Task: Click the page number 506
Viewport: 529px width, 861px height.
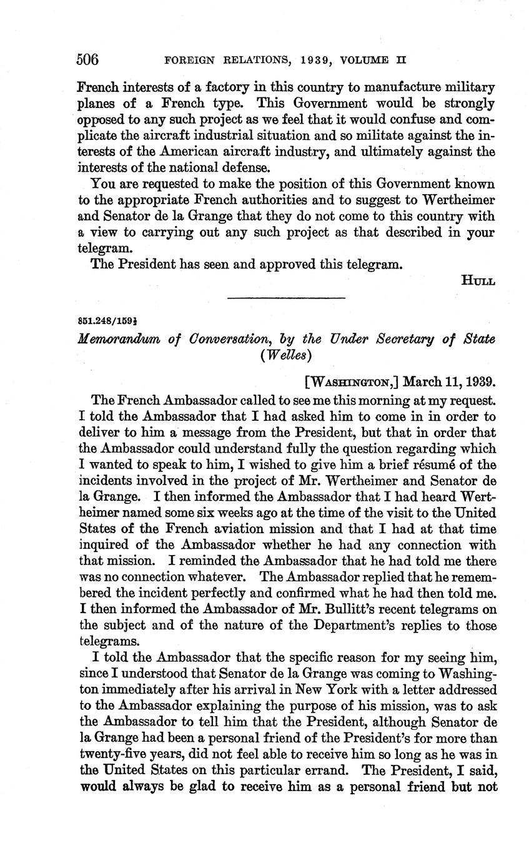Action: coord(87,59)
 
